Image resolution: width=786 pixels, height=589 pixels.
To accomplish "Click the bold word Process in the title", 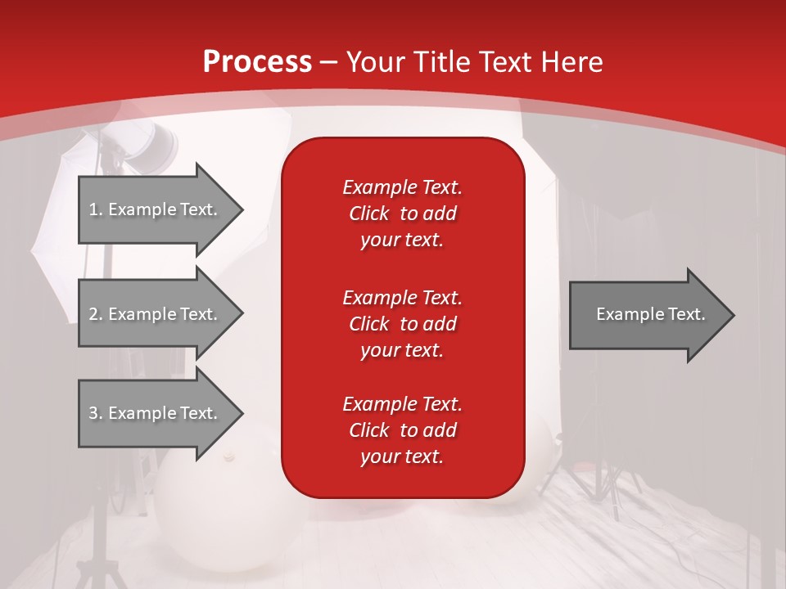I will pos(257,61).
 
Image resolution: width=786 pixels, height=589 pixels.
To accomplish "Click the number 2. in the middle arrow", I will pos(95,314).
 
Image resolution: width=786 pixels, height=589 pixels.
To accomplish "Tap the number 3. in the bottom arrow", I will pos(95,413).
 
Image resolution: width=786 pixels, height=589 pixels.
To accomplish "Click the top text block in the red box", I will pos(402,214).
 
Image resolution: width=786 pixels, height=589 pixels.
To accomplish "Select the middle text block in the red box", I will pos(402,323).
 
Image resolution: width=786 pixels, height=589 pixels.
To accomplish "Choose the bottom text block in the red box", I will pos(402,430).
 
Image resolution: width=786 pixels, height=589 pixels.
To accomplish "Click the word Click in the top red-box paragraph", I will pos(368,214).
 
